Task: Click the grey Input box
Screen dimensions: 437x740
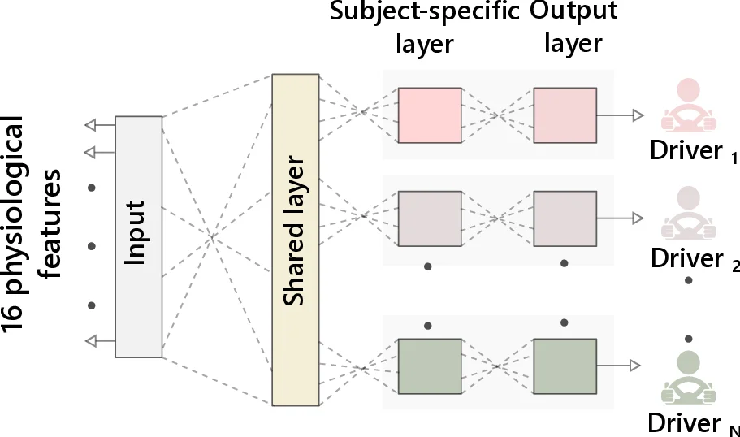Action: [x=138, y=236]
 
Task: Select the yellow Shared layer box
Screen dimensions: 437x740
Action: [x=296, y=240]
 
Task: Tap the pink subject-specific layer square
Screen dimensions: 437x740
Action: [x=430, y=115]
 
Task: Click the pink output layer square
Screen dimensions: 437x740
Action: [x=565, y=115]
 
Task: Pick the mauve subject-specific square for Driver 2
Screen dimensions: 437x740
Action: [x=430, y=218]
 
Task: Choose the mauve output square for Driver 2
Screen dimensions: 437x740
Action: [x=565, y=218]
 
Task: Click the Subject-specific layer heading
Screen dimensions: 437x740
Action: [x=424, y=27]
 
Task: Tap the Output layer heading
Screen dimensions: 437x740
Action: [x=573, y=27]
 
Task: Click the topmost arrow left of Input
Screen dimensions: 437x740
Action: [x=100, y=124]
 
